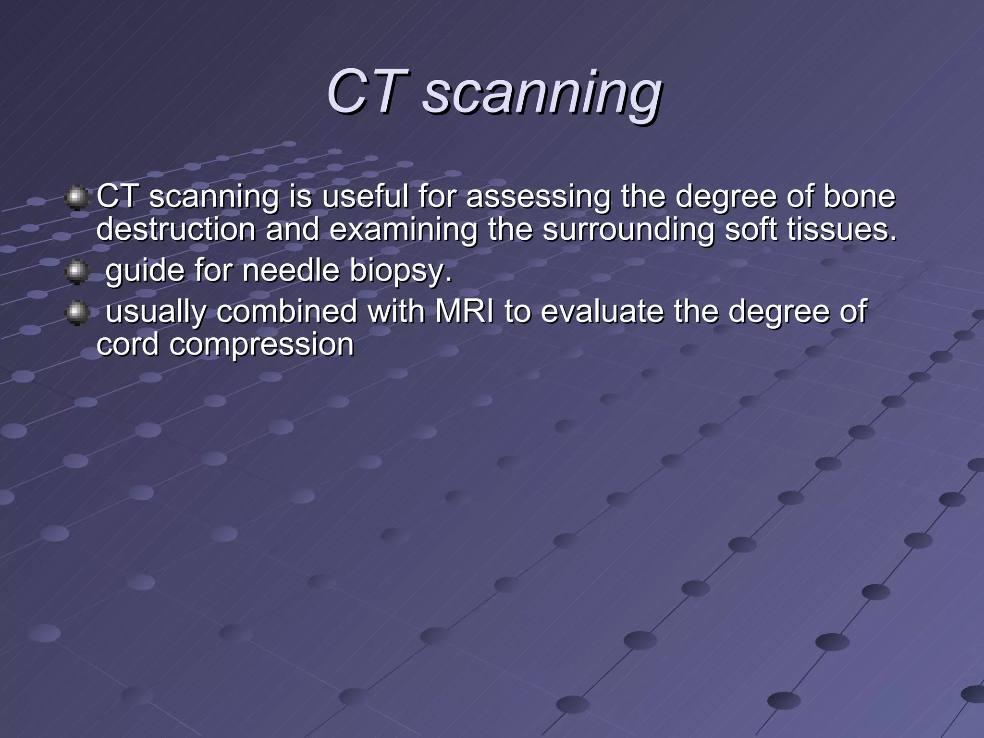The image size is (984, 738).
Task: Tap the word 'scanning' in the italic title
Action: tap(542, 94)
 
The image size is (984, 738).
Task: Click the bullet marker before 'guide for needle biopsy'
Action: tap(76, 272)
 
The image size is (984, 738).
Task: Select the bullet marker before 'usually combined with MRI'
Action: tap(76, 313)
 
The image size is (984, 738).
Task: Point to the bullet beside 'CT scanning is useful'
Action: tap(76, 198)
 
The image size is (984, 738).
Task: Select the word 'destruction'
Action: tap(176, 229)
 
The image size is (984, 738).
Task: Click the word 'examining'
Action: tap(403, 230)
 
